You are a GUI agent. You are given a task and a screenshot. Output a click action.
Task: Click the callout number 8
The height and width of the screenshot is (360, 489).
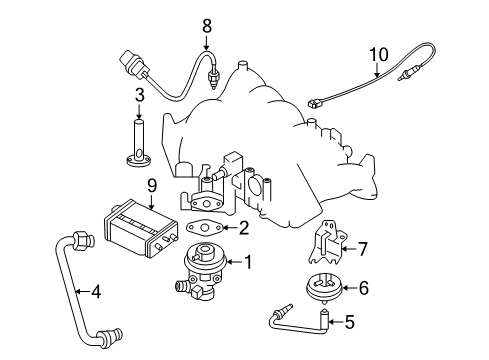207,26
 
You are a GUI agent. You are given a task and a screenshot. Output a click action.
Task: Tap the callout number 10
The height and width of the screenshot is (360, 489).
379,55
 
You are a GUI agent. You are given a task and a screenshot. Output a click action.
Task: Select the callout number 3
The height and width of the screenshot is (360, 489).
140,95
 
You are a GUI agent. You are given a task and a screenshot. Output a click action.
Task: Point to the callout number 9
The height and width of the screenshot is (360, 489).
152,186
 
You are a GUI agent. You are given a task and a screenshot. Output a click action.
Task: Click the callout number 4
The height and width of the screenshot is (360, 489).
96,292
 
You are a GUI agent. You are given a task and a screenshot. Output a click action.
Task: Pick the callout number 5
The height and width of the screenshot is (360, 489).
350,322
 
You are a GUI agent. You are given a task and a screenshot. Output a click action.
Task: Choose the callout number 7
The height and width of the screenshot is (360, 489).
362,249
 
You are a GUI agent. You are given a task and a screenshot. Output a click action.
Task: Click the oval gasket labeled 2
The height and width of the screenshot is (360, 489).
204,228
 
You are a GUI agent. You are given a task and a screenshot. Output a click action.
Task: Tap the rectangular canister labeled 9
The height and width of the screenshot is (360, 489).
140,229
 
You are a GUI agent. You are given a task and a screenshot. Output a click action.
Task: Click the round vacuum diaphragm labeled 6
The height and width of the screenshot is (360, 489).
324,288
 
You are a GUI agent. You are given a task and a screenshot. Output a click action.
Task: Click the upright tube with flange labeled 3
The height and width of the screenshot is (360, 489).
139,144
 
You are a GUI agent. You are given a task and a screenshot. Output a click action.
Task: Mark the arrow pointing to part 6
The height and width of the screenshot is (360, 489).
349,287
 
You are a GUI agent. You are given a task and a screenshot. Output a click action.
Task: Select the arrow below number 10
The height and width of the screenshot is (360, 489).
377,70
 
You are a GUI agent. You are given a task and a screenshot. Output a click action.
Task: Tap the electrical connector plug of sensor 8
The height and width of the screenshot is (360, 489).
134,65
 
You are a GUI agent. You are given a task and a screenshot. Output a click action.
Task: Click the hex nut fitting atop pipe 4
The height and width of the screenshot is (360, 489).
82,240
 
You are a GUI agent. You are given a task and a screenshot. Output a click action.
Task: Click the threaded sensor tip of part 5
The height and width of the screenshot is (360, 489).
287,308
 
